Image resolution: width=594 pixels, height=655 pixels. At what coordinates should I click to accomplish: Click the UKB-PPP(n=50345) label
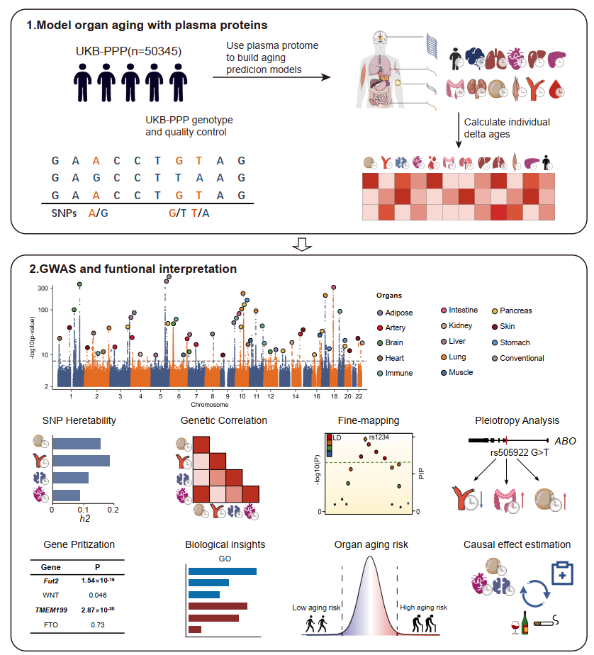coord(128,52)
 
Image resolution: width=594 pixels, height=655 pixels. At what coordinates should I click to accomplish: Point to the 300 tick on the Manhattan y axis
coord(43,288)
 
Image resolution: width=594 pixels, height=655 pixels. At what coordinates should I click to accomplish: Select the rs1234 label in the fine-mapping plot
coord(378,437)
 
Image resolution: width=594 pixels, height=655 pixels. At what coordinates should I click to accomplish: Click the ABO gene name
coord(564,440)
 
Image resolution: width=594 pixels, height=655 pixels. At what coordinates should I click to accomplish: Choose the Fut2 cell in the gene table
coord(50,580)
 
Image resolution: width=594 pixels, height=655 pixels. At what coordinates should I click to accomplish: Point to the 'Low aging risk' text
coord(315,608)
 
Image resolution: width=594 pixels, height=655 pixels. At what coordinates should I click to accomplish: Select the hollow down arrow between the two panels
coord(303,245)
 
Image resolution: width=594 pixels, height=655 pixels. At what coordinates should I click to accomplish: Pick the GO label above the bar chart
coord(223,559)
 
